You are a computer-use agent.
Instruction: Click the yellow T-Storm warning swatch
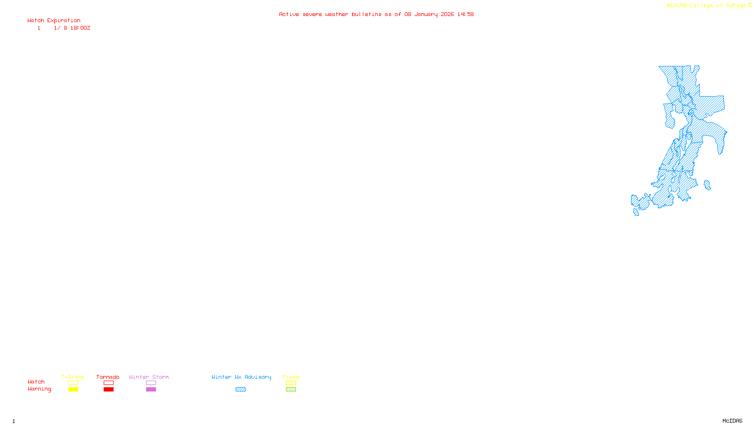pos(73,390)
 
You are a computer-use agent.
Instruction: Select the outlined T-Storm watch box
pos(73,383)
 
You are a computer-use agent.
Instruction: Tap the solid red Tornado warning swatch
pos(108,390)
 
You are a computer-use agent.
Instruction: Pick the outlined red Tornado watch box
pos(108,383)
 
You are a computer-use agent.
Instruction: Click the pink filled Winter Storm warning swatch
pos(151,390)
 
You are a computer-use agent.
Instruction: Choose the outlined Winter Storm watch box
pos(151,383)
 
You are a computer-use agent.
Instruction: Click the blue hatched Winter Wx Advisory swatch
pos(240,390)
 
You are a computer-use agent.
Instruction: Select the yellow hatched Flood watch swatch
pos(291,383)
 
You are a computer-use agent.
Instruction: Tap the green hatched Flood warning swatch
pos(291,390)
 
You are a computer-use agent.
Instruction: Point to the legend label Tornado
pos(108,377)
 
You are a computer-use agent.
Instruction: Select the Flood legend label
pos(291,377)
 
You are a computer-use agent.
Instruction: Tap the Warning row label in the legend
pos(39,389)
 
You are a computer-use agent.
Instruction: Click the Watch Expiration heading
pos(54,21)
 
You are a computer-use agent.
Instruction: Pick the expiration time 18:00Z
pos(80,28)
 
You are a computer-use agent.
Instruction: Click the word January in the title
pos(426,15)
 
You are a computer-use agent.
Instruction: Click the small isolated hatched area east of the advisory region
pos(707,185)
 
